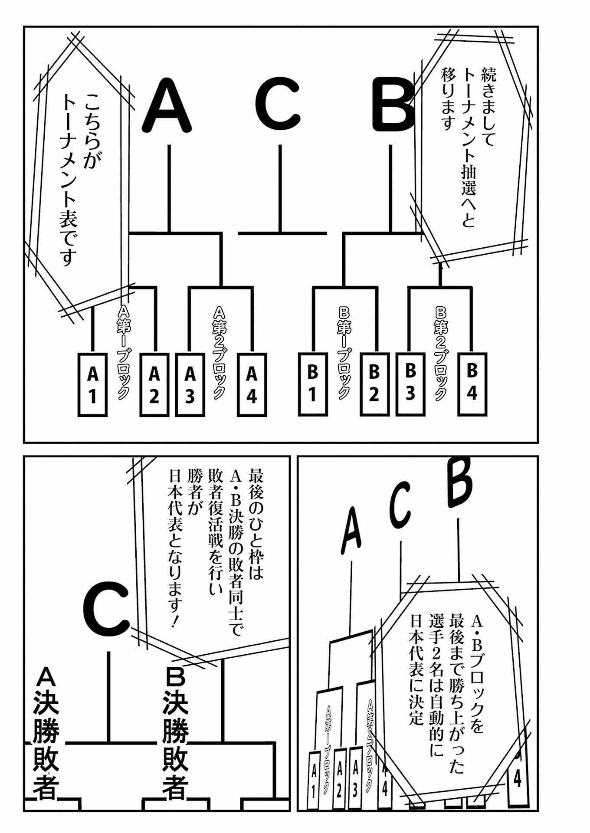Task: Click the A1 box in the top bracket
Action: click(92, 385)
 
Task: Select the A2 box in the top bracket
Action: click(154, 385)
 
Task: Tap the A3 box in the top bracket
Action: click(190, 385)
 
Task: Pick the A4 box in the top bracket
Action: click(252, 385)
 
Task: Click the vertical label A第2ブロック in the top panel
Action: click(220, 351)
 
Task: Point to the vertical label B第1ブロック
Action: click(344, 351)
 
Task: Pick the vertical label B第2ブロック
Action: click(441, 351)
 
